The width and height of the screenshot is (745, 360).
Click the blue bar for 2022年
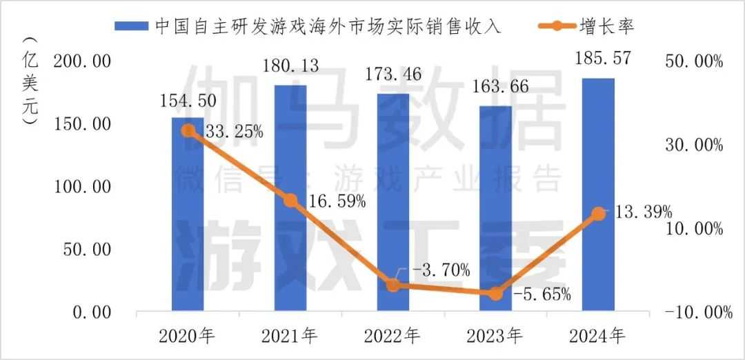tap(393, 207)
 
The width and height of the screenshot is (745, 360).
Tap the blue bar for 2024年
tap(598, 200)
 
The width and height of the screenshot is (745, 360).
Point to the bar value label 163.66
tap(494, 87)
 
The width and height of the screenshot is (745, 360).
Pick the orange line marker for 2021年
tap(290, 201)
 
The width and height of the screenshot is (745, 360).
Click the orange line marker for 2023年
tap(495, 294)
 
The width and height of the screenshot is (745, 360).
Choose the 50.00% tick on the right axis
tap(694, 62)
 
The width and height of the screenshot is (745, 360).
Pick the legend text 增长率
tap(606, 26)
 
